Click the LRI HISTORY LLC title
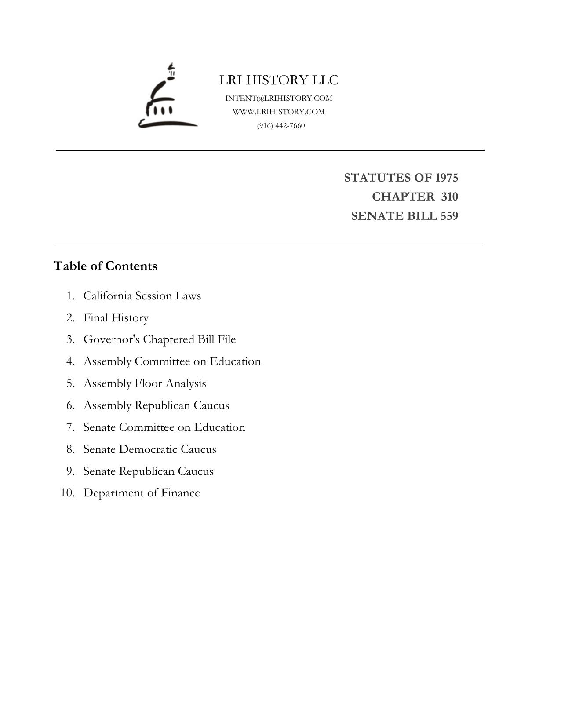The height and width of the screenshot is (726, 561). (x=279, y=80)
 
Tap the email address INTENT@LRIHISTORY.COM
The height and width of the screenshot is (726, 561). (x=279, y=98)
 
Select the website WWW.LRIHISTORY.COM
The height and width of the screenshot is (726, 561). (x=279, y=112)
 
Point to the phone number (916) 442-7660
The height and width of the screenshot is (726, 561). (x=281, y=125)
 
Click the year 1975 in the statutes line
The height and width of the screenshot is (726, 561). (x=446, y=178)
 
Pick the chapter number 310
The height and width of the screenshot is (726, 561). (x=449, y=197)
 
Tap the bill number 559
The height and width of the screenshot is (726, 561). (x=449, y=216)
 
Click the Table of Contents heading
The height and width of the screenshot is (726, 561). (x=105, y=266)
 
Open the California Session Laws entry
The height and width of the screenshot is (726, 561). (x=142, y=296)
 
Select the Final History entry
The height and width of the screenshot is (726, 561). (x=116, y=317)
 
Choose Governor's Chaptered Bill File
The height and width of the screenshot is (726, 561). (x=160, y=339)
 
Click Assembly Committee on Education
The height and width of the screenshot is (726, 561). (x=172, y=361)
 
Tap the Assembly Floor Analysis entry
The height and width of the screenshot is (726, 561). (x=145, y=383)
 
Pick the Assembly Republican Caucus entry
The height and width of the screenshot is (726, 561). (x=156, y=405)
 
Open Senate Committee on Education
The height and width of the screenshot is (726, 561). (x=164, y=427)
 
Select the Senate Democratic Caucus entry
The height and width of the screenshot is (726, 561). (x=149, y=449)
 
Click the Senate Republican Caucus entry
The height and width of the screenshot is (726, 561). (x=148, y=471)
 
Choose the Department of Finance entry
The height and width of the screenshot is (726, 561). (x=142, y=493)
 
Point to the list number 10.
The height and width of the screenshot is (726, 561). (x=67, y=493)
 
